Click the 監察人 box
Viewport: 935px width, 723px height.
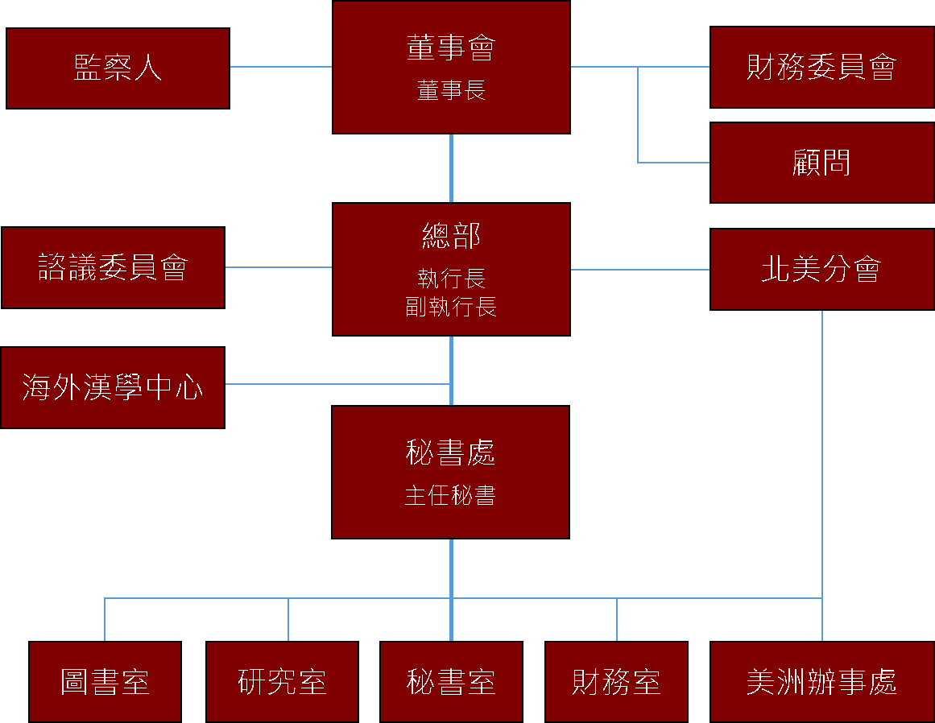[118, 68]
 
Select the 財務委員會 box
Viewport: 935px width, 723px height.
[821, 67]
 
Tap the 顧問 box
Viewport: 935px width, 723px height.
[821, 163]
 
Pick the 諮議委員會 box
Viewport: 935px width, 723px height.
[113, 267]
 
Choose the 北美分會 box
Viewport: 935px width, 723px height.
[821, 269]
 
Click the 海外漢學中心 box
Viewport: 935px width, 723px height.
[113, 387]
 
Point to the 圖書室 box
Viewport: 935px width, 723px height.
[105, 682]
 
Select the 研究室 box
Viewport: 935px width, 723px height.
[282, 682]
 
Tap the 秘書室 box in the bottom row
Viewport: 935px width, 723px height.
[451, 682]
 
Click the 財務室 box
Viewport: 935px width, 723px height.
[616, 682]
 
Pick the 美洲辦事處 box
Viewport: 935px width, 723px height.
[821, 682]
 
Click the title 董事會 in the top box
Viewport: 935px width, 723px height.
[451, 48]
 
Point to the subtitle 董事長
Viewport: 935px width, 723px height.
[451, 90]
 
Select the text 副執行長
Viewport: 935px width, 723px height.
[451, 307]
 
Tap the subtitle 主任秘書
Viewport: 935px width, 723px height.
[450, 495]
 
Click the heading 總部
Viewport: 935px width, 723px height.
[451, 236]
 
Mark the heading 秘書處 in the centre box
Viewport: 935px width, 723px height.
[450, 454]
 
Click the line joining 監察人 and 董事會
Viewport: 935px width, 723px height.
[280, 67]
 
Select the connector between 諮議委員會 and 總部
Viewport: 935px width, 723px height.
[278, 267]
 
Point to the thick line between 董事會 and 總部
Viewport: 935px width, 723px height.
[451, 167]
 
